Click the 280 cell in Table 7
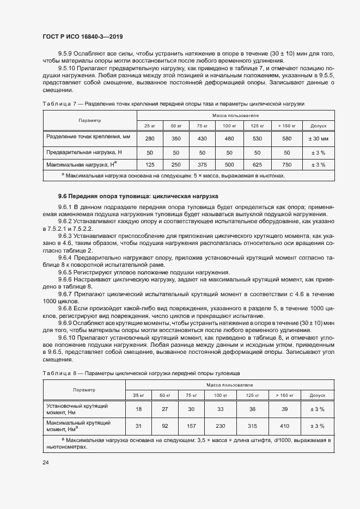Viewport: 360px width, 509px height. click(150, 138)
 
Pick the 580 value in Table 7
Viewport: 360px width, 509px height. click(286, 138)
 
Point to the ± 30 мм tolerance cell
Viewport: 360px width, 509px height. click(318, 138)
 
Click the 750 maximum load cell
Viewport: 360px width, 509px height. click(286, 164)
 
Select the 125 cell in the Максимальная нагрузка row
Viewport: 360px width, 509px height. click(150, 164)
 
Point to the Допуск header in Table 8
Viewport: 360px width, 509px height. click(317, 395)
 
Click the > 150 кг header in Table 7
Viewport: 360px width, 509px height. click(286, 126)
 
